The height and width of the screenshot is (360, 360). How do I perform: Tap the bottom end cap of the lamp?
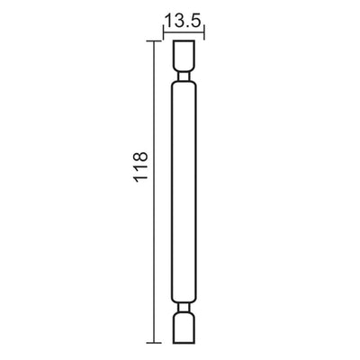point(184,329)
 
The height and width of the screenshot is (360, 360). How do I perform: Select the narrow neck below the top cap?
point(184,78)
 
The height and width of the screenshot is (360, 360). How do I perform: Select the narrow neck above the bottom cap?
point(184,309)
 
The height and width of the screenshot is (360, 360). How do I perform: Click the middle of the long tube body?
point(184,193)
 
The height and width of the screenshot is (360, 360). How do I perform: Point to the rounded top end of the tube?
point(184,85)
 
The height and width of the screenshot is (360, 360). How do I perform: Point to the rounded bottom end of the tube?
point(184,301)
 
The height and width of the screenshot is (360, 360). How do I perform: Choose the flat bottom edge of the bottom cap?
point(184,345)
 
